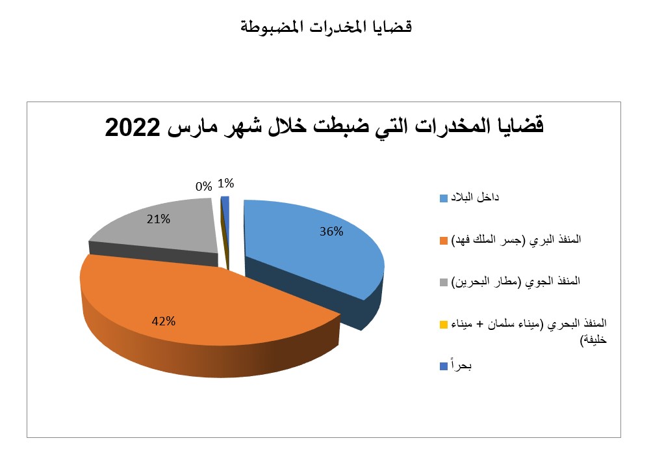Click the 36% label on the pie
331,232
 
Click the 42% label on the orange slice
164,321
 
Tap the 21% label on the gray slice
159,219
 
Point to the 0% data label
204,186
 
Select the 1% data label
226,183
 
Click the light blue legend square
444,198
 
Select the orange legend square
444,240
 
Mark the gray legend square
444,282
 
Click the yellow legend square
444,324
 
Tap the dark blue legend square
444,366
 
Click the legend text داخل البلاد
475,197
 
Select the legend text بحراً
462,366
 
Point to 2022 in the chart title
133,128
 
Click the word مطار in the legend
505,282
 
